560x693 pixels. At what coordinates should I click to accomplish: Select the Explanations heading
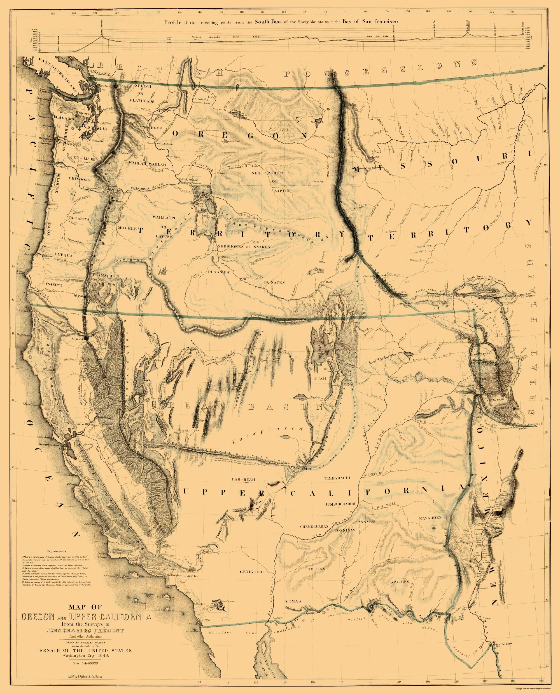[57, 551]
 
